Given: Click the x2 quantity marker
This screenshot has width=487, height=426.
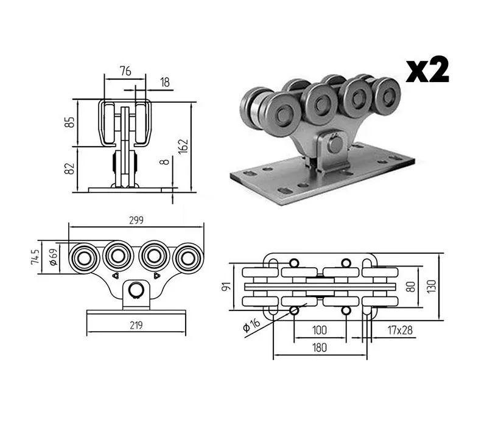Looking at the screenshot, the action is (x=427, y=70).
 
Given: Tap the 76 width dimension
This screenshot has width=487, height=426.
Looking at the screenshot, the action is (x=125, y=71).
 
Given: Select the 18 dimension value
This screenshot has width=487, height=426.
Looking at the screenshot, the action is (x=165, y=82).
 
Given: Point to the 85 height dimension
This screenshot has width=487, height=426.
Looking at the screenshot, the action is (x=71, y=122).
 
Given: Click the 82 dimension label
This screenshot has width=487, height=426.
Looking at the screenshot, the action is (x=70, y=169).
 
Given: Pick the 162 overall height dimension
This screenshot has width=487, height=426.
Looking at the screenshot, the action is (x=184, y=145).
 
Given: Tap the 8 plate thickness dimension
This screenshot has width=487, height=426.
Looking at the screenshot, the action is (x=165, y=162).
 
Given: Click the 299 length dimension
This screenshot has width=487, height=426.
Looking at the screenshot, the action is (x=136, y=220).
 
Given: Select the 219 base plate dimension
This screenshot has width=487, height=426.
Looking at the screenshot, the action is (x=136, y=326).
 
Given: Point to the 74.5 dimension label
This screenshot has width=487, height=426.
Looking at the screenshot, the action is (x=35, y=257).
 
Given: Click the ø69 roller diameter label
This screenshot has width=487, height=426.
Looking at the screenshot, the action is (x=54, y=257).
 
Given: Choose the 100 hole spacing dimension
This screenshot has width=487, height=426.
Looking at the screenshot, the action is (x=320, y=330).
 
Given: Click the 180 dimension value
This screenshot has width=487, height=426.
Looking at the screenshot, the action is (x=320, y=347).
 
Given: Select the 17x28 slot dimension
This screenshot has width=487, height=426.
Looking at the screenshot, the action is (x=400, y=330).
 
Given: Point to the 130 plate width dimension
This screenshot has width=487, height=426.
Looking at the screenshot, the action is (x=432, y=286).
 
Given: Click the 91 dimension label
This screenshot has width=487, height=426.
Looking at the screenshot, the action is (x=226, y=286).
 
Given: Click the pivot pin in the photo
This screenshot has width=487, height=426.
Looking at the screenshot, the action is (x=335, y=144).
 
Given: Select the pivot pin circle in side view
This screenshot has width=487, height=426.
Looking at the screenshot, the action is (x=136, y=290).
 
